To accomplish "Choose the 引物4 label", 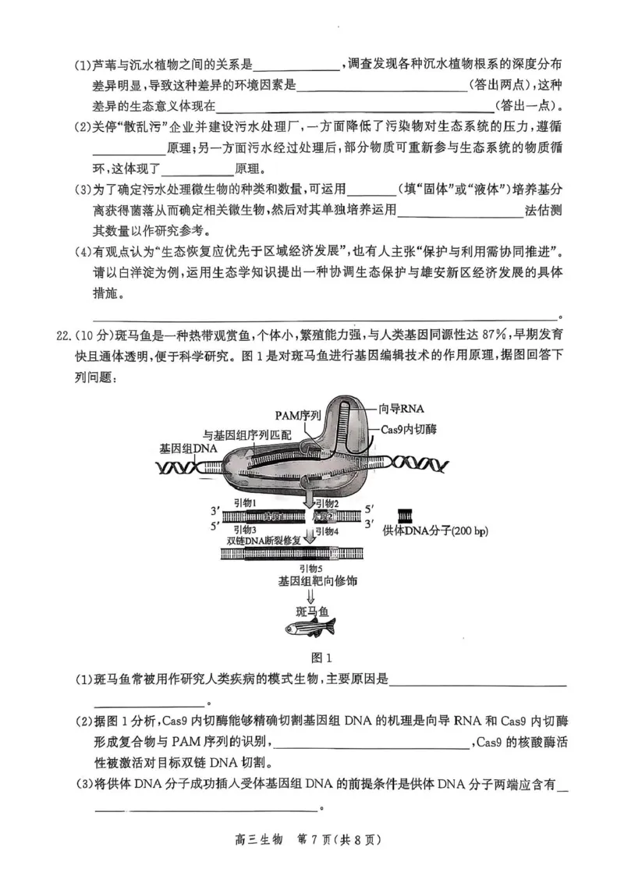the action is click(327, 530).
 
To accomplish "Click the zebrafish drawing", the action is click(309, 626).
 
